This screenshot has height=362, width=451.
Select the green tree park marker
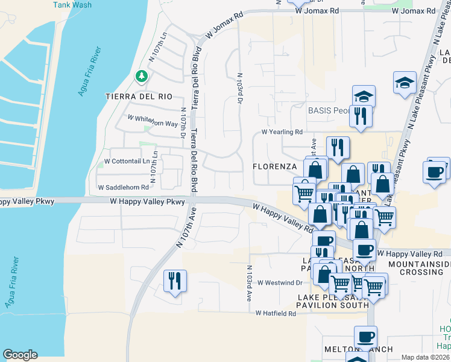coord(142,77)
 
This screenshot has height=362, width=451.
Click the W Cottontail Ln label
coord(127,161)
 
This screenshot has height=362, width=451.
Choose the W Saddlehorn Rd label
coord(124,187)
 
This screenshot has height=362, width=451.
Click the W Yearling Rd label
coord(282,132)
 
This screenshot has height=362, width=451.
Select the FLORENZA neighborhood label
coord(275,166)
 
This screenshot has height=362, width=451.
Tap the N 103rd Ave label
coord(248,284)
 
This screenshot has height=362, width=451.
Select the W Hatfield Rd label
coord(276,313)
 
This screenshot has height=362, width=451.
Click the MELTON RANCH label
coord(359,349)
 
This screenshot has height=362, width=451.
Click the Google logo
coord(20,355)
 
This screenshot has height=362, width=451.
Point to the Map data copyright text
coord(426,357)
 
